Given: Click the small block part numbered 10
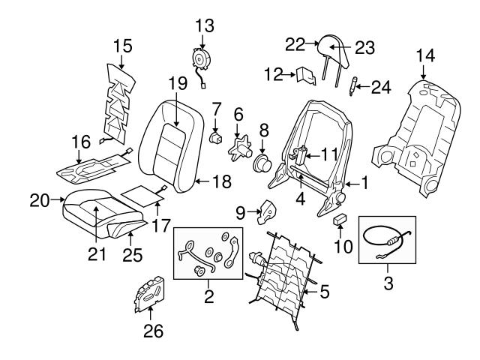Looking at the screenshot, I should pyautogui.click(x=339, y=220).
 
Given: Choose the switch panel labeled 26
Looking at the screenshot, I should pyautogui.click(x=151, y=294).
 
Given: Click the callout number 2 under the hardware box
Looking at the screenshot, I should pyautogui.click(x=208, y=297).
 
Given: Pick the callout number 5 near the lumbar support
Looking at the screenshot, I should pyautogui.click(x=323, y=291).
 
